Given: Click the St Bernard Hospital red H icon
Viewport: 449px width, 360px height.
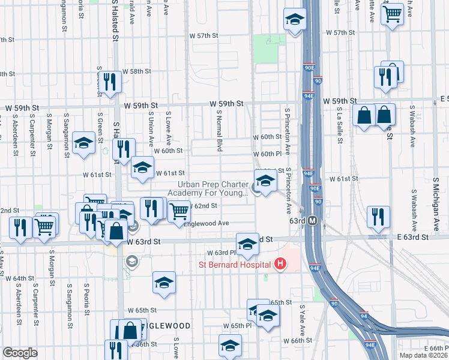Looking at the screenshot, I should tap(279, 263).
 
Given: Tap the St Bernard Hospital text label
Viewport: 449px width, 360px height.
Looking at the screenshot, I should tap(235, 264).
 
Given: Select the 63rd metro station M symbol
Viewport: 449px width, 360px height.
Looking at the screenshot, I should tap(313, 221).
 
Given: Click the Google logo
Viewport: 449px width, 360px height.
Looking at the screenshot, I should tap(20, 353).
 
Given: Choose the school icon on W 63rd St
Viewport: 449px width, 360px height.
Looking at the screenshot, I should tap(246, 243).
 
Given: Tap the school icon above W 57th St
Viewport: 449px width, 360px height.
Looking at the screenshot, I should tap(294, 20).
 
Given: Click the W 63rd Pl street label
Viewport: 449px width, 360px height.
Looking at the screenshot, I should tap(220, 253).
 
